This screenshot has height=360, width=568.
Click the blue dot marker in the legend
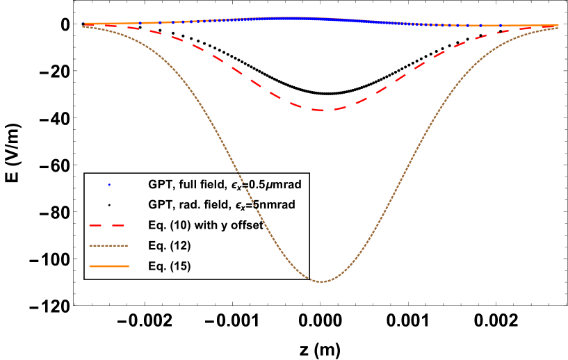[x=109, y=185]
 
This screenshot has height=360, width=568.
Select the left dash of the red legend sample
[x=95, y=225]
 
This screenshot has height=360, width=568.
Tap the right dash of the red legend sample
[x=117, y=225]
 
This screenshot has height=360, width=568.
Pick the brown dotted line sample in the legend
[x=108, y=245]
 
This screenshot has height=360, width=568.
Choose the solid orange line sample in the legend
[x=108, y=266]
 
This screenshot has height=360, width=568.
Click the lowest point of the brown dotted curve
[x=320, y=281]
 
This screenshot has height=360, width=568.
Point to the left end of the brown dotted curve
[x=83, y=26]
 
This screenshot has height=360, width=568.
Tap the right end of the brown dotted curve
[x=558, y=28]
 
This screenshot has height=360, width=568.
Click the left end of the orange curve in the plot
[x=83, y=24]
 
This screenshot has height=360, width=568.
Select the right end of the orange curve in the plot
[x=558, y=26]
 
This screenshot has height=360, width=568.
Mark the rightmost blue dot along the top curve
[x=501, y=26]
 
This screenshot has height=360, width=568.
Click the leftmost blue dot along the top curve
[x=86, y=24]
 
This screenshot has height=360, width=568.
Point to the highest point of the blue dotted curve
[x=292, y=19]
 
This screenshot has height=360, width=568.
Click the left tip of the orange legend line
[x=90, y=266]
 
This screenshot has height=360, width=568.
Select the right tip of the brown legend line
[x=128, y=245]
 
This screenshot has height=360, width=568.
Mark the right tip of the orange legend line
[x=129, y=266]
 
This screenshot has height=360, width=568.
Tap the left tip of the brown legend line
[x=90, y=245]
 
